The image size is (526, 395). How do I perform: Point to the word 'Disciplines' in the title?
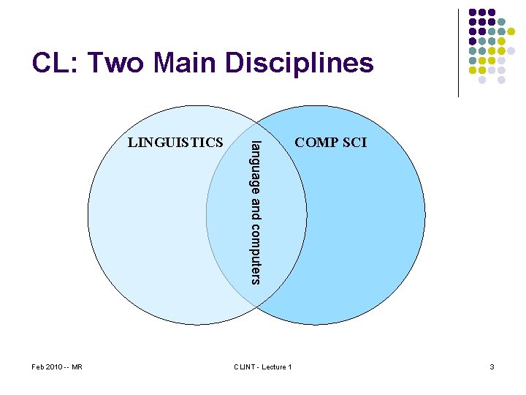point(300,64)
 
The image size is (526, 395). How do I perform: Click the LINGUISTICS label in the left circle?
point(175,142)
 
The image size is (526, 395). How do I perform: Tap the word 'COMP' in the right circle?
point(316,143)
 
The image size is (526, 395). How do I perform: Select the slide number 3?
point(492,366)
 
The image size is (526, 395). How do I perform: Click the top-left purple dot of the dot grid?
point(473,12)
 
